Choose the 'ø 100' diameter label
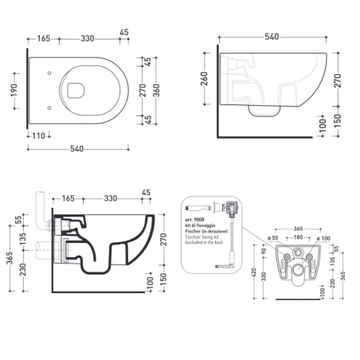(x=324, y=237)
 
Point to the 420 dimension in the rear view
(x=252, y=276)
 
